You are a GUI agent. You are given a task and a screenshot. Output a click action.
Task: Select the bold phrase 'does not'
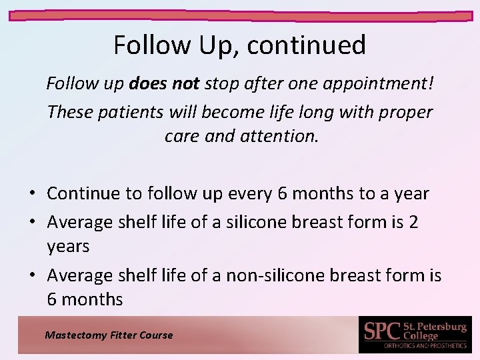pos(165,85)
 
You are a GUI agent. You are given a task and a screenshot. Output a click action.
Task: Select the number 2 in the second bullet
pos(413,221)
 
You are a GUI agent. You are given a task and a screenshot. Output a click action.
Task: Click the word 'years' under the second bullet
pos(68,246)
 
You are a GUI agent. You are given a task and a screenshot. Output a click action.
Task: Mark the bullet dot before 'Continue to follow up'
pos(33,194)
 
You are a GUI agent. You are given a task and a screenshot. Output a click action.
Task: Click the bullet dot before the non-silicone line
pos(33,275)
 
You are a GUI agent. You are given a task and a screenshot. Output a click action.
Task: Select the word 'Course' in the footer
pos(156,335)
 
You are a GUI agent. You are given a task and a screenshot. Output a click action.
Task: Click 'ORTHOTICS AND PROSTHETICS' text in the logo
pos(425,346)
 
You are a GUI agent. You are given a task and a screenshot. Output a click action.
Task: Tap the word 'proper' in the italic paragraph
pos(405,112)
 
